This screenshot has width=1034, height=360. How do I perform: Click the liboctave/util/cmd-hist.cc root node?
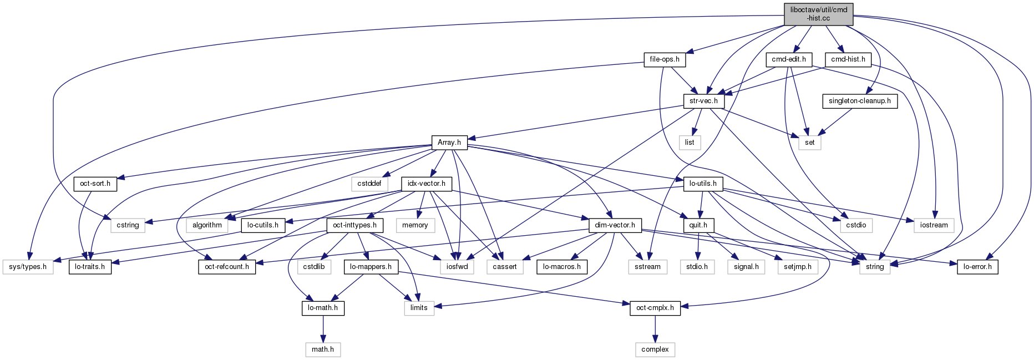[818, 14]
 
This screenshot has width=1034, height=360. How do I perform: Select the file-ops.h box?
[665, 59]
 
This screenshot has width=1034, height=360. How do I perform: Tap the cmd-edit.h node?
[788, 59]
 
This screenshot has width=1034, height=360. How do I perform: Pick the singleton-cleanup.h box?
[859, 101]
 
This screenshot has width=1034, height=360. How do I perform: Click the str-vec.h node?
[703, 101]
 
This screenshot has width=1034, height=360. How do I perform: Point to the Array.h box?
[449, 143]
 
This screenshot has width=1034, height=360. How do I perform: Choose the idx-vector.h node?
[426, 184]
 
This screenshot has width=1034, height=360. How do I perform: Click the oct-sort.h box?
[95, 184]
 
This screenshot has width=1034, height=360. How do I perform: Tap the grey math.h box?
[323, 349]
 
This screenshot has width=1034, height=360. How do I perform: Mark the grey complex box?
[655, 349]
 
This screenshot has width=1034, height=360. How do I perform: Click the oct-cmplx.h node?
[655, 308]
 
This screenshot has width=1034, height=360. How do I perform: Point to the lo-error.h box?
[977, 267]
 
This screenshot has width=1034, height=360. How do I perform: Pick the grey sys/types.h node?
[28, 267]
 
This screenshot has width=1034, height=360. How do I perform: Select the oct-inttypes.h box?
[354, 225]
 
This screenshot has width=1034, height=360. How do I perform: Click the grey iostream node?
[934, 225]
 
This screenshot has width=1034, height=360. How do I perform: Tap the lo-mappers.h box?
[370, 267]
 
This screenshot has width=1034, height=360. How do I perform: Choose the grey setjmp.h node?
[797, 267]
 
